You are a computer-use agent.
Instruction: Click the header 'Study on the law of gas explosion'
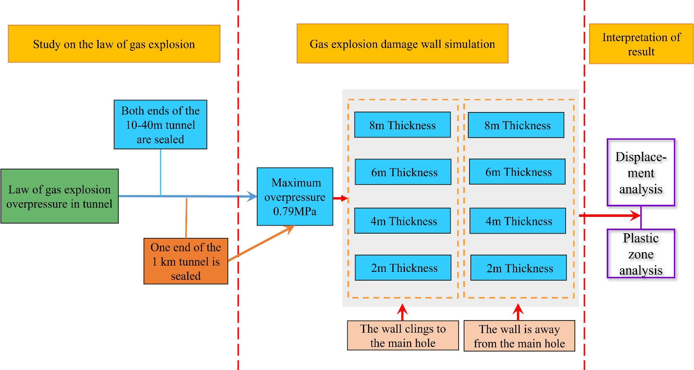[114, 44]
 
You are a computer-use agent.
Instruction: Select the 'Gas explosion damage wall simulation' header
[402, 44]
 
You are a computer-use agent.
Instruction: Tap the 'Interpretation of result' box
[641, 44]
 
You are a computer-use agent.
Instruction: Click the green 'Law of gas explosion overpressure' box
[60, 196]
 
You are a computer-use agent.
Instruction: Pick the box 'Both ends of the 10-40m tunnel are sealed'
[160, 125]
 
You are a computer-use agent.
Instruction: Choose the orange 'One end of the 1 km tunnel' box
[185, 261]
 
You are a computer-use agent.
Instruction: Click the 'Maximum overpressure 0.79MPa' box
[295, 196]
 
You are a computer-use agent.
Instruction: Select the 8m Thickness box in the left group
[402, 125]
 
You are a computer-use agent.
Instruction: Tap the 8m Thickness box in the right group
[516, 125]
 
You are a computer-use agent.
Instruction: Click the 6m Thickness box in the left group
[403, 172]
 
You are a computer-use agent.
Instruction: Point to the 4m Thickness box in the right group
[518, 221]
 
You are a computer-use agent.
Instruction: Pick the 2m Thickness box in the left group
[403, 268]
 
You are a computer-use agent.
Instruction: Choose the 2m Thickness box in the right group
[519, 268]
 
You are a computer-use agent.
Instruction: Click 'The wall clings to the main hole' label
[403, 336]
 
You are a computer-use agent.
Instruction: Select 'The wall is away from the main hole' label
[519, 336]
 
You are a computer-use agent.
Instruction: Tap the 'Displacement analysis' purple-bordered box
[641, 172]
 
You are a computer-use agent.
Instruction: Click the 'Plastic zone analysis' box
[641, 254]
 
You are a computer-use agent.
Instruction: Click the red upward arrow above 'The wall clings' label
[402, 312]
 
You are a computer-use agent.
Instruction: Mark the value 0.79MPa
[295, 211]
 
